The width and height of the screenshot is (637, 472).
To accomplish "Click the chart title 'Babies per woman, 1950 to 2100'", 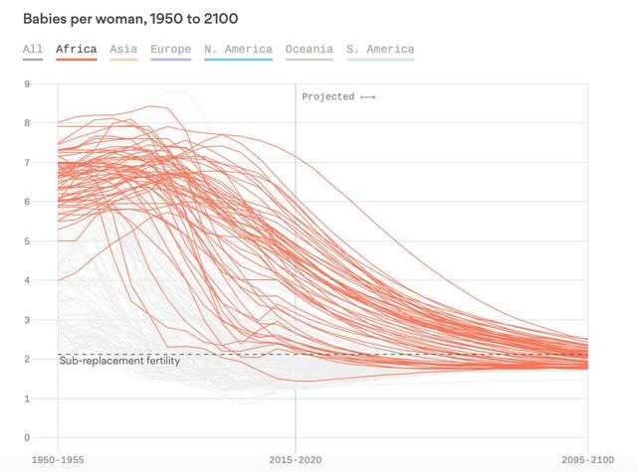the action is pyautogui.click(x=130, y=19).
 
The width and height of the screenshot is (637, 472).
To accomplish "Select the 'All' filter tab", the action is pyautogui.click(x=33, y=49).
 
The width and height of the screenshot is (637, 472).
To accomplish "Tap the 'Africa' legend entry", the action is pyautogui.click(x=77, y=49).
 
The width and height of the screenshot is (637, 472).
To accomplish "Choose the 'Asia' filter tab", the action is pyautogui.click(x=123, y=49).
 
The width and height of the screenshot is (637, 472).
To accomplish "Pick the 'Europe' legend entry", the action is pyautogui.click(x=170, y=49).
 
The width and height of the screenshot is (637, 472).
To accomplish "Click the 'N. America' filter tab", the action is pyautogui.click(x=239, y=49).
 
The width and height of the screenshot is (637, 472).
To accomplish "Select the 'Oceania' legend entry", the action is pyautogui.click(x=310, y=49).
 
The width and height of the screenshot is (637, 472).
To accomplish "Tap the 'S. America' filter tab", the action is pyautogui.click(x=380, y=49).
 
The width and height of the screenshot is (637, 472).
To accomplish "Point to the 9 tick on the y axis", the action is pyautogui.click(x=27, y=83).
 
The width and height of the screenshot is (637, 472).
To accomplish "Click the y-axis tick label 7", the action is pyautogui.click(x=27, y=163).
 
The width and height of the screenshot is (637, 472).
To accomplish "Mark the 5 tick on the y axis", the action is pyautogui.click(x=27, y=241).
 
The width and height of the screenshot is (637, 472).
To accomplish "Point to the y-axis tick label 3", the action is pyautogui.click(x=27, y=320).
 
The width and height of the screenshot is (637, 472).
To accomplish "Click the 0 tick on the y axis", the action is pyautogui.click(x=27, y=437).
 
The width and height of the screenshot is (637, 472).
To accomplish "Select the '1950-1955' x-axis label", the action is pyautogui.click(x=58, y=460).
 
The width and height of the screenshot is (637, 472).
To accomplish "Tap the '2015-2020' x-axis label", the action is pyautogui.click(x=296, y=460).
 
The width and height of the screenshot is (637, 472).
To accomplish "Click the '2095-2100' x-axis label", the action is pyautogui.click(x=588, y=460).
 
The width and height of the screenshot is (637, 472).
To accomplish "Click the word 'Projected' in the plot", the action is pyautogui.click(x=328, y=97).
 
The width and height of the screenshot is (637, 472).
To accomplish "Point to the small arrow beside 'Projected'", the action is pyautogui.click(x=368, y=97).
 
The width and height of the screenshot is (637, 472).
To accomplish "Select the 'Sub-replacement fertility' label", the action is pyautogui.click(x=119, y=361).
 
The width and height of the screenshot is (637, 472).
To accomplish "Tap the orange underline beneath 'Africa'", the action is pyautogui.click(x=77, y=60).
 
